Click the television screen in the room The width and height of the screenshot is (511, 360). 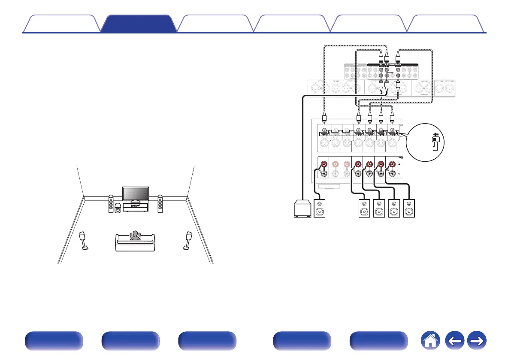click(136, 194)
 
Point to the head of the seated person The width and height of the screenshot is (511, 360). click(136, 234)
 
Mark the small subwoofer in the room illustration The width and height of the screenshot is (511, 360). click(118, 212)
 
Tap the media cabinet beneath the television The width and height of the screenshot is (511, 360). click(136, 207)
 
